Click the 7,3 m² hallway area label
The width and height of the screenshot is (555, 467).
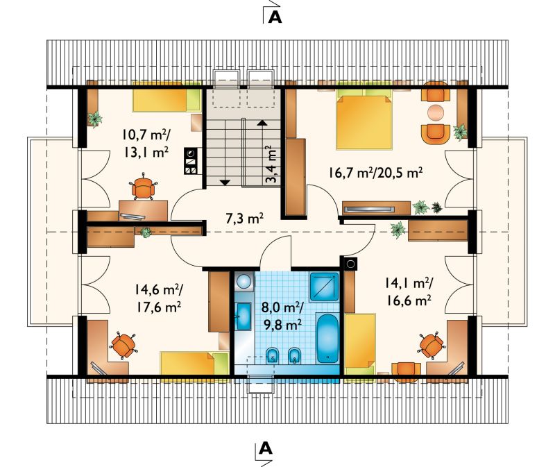coord(244,219)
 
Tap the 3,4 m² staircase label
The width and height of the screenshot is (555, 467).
coord(272,164)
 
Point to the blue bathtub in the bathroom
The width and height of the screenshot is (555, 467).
coord(327,337)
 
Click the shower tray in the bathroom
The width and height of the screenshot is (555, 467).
coord(324,287)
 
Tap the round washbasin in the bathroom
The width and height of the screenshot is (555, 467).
coord(244,282)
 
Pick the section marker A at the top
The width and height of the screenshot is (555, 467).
coord(275,17)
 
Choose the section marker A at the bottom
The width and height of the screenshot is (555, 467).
coord(266,448)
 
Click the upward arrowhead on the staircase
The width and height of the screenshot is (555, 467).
coord(262,123)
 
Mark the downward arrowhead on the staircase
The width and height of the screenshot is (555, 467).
coord(225,182)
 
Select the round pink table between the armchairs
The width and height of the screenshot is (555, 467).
coord(436,112)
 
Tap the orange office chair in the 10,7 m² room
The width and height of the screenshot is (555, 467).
coord(144,187)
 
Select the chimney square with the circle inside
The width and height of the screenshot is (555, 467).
coord(350,264)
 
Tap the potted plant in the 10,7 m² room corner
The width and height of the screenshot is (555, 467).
coord(95,119)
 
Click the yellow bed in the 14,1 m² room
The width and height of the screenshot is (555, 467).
coord(360,343)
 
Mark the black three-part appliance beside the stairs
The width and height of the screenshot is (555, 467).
coord(190,161)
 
